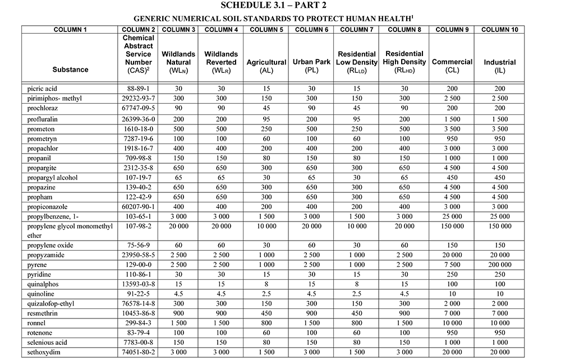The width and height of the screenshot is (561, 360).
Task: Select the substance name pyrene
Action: click(x=38, y=265)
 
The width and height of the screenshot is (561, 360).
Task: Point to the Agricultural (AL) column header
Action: click(x=267, y=67)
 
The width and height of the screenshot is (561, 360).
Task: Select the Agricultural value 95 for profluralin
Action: click(x=267, y=119)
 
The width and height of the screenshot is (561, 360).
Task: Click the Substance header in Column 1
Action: click(x=70, y=70)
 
